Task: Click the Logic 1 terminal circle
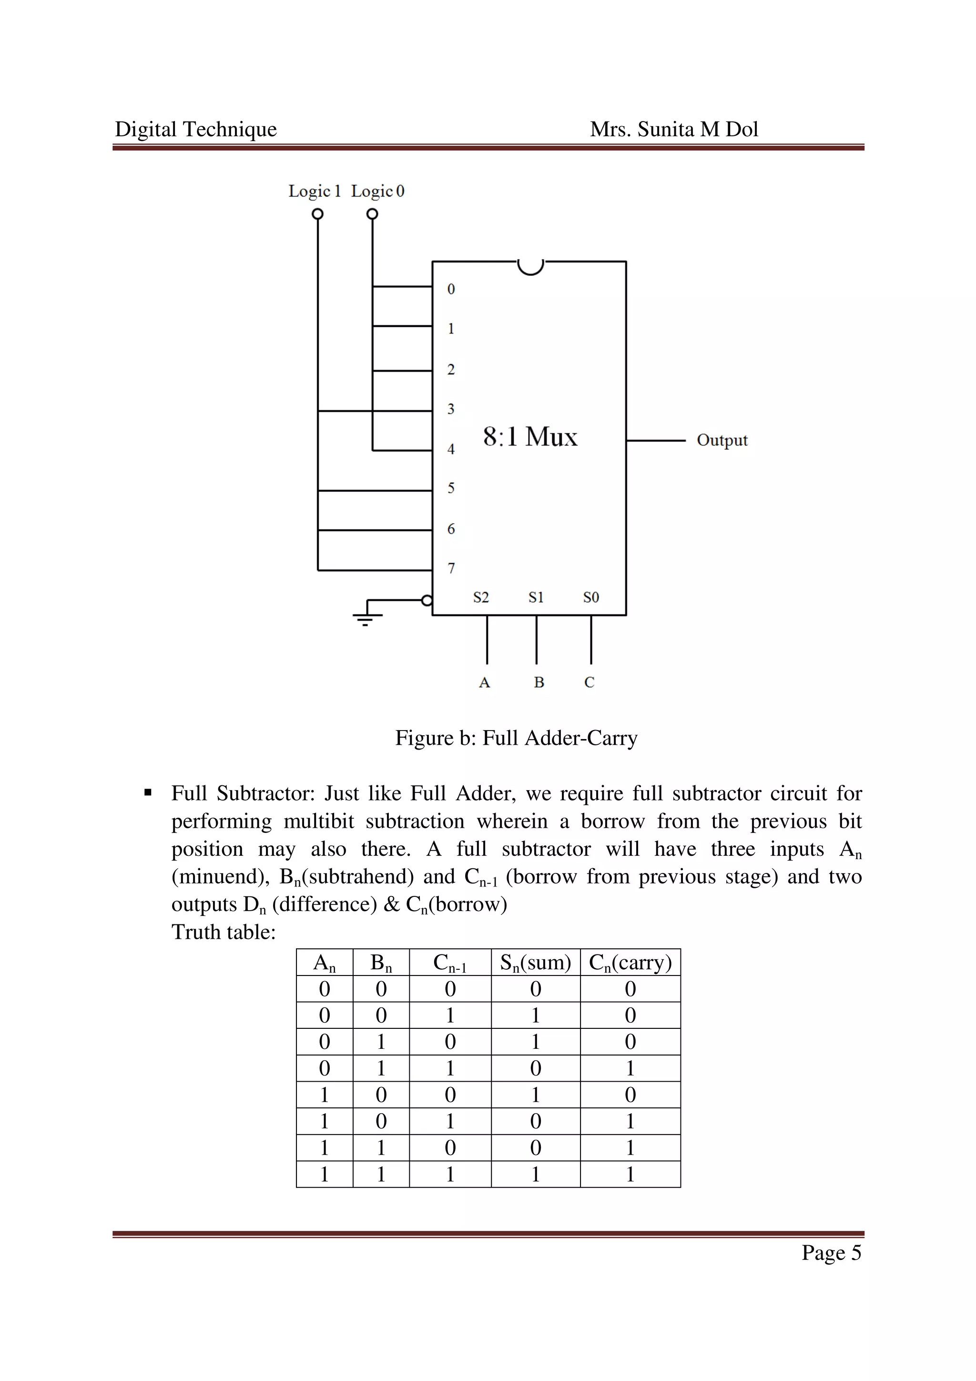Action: tap(317, 214)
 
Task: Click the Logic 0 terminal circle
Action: tap(372, 214)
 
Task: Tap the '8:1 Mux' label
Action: tap(530, 437)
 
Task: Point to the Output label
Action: tap(722, 440)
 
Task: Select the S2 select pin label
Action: tap(480, 597)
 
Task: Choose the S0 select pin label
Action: tap(590, 597)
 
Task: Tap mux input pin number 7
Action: tap(451, 569)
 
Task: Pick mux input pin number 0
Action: tap(451, 289)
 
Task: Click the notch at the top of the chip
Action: tap(530, 266)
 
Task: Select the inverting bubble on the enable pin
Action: tap(427, 600)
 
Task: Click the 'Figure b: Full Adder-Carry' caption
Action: tap(516, 738)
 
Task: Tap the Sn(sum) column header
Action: tap(535, 963)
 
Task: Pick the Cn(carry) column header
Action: tap(630, 963)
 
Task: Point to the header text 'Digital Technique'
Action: tap(196, 129)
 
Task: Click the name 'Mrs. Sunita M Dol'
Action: tap(673, 129)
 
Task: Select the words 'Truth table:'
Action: tap(224, 932)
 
